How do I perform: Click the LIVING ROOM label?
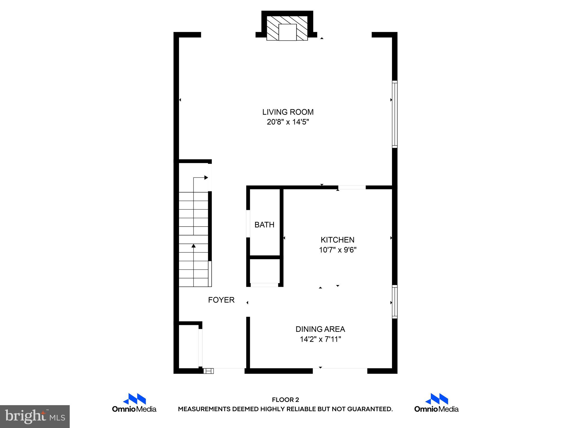coord(288,112)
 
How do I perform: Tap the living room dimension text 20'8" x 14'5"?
coord(288,122)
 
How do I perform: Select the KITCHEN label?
coord(337,240)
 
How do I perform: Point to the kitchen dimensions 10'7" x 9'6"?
coord(338,250)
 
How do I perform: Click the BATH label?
coord(264,225)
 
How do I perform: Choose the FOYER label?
coord(221,300)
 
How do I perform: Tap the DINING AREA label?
coord(320,329)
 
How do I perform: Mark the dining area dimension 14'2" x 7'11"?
coord(320,339)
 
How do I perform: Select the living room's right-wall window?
coord(395,114)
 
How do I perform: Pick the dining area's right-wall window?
coord(395,301)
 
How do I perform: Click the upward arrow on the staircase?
coord(193,246)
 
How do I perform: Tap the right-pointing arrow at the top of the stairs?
coord(206,177)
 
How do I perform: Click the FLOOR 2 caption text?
coord(285,400)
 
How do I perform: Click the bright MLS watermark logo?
coord(35,416)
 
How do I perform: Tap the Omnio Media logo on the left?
coord(134,403)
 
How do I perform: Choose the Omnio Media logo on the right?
coord(436,403)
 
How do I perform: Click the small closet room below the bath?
coord(265,271)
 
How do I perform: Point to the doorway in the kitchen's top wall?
coord(352,187)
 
